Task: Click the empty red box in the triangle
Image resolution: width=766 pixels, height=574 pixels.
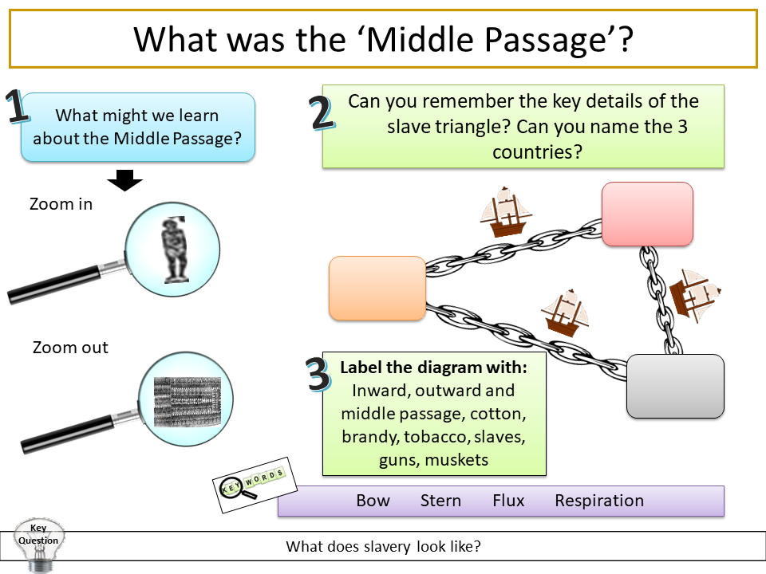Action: coord(647,214)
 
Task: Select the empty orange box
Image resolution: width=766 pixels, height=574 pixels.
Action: coord(377,288)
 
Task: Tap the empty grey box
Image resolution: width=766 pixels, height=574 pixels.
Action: coord(675,386)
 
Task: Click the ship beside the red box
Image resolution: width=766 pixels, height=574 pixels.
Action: coord(504,212)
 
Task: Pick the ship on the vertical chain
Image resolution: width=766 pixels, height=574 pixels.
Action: coord(693,295)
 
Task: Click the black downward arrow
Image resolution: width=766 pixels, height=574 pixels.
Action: coord(124,179)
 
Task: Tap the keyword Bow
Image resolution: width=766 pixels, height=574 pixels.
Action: coord(373,501)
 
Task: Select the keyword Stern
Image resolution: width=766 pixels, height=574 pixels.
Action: coord(440,501)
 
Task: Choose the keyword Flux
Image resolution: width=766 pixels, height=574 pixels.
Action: coord(508,501)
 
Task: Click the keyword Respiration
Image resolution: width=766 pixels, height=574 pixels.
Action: coord(598,501)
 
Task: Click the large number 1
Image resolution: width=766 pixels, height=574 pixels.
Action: coord(18,108)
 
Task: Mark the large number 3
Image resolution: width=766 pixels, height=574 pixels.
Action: coord(318,375)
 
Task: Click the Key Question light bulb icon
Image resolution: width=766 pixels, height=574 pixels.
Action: coord(38,545)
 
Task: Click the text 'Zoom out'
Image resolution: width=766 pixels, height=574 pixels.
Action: coord(70,348)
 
